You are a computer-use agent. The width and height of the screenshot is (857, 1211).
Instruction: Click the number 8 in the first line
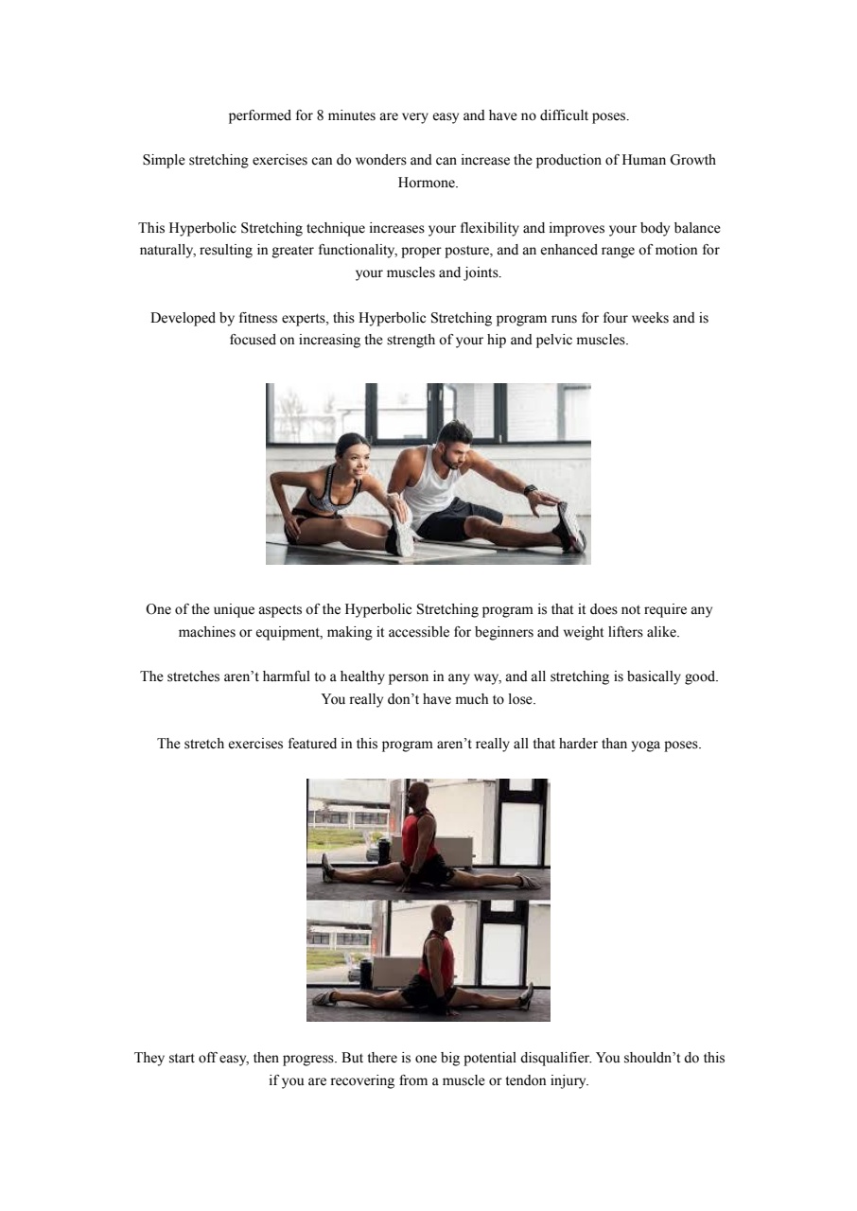click(321, 115)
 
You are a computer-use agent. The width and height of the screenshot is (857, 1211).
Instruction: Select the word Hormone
click(428, 183)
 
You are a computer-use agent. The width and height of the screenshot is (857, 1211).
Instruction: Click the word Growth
click(692, 160)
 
